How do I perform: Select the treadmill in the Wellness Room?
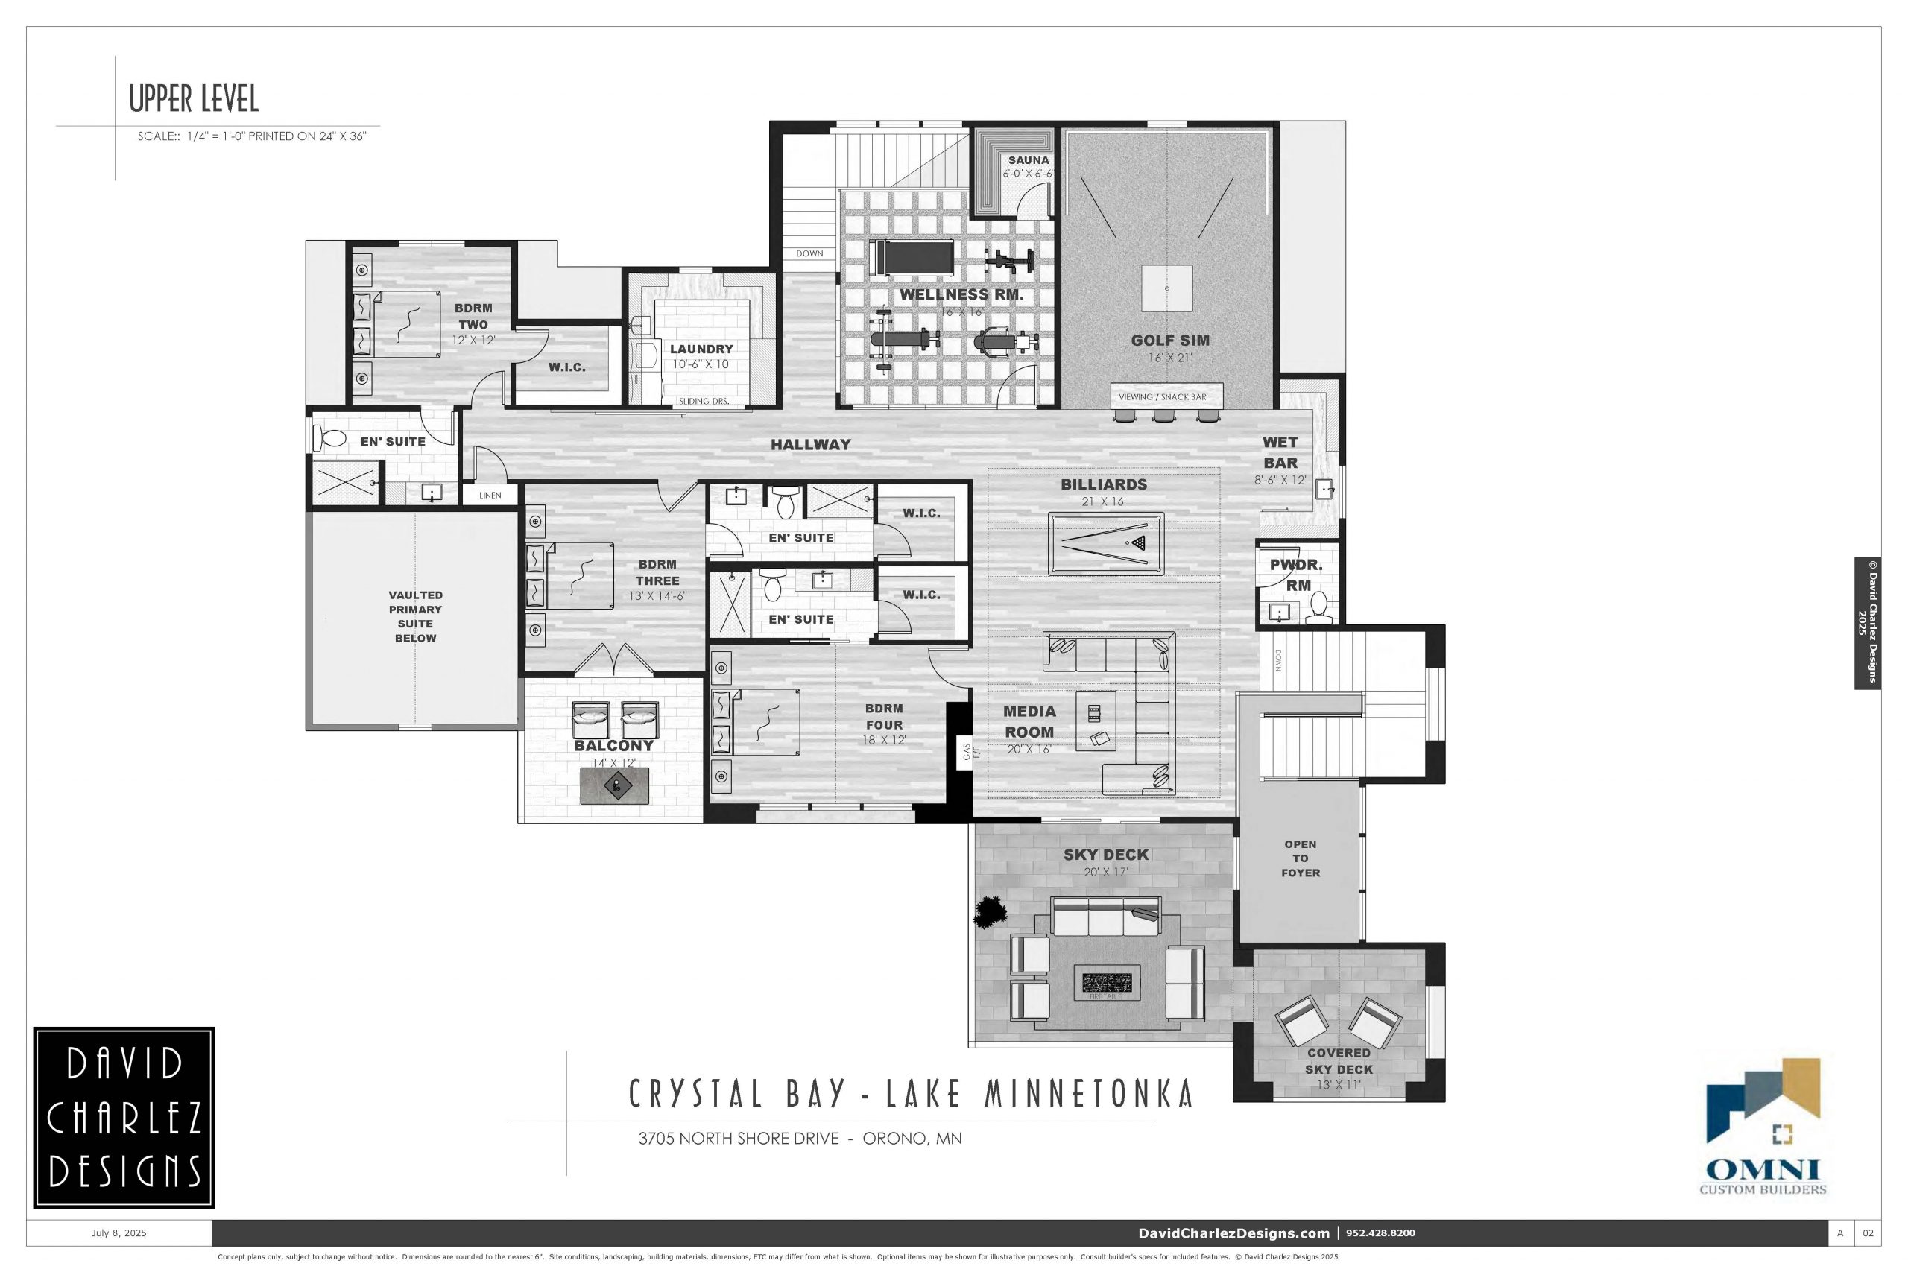point(910,258)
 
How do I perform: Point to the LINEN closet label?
point(490,495)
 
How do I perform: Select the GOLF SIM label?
point(1170,341)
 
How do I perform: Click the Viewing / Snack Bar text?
point(1163,396)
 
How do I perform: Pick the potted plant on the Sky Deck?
point(991,912)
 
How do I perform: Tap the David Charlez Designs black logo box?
point(124,1118)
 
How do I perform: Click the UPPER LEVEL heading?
point(194,99)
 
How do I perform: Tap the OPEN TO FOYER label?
point(1301,858)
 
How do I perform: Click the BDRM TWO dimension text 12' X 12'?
point(473,340)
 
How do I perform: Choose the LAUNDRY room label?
point(701,349)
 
